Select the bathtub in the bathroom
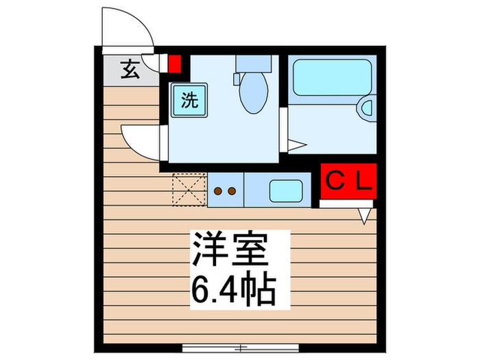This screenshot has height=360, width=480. coord(332,80)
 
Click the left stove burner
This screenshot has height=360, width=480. coord(218,191)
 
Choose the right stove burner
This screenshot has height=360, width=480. coord(233,191)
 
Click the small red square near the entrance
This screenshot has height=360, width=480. coord(174,64)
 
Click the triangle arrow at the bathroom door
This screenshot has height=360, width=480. coord(297,145)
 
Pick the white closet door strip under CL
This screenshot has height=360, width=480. coord(346,203)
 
